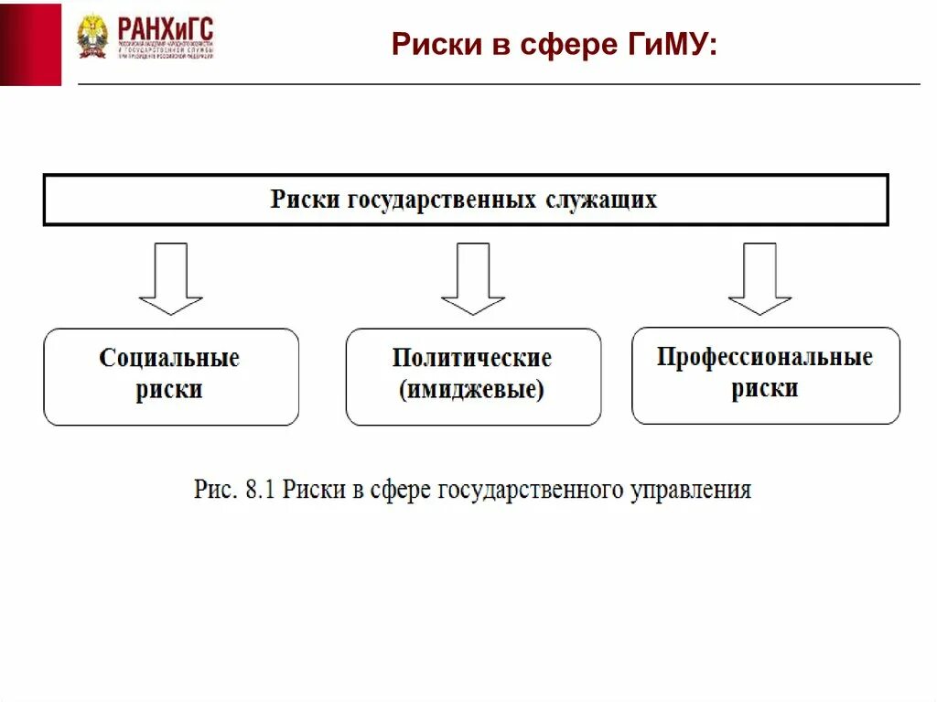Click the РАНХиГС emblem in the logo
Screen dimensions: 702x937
coord(92,37)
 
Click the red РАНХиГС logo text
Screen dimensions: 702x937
coord(165,29)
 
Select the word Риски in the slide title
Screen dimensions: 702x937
coord(428,44)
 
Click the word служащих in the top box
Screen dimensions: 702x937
coord(601,200)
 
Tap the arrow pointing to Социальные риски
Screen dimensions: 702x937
coord(170,278)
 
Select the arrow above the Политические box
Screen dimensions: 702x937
coord(472,278)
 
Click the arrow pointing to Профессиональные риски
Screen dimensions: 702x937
coord(759,278)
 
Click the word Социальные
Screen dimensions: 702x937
coord(169,358)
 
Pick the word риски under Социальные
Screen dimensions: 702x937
coord(169,391)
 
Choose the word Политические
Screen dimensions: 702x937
coord(472,358)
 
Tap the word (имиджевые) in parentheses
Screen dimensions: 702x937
coord(472,391)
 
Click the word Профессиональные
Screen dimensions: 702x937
coord(765,357)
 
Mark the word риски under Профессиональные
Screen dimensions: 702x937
coord(765,389)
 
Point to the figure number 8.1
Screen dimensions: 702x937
coord(261,490)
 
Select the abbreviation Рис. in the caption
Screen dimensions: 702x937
coord(214,490)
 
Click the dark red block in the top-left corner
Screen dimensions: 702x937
coord(30,44)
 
